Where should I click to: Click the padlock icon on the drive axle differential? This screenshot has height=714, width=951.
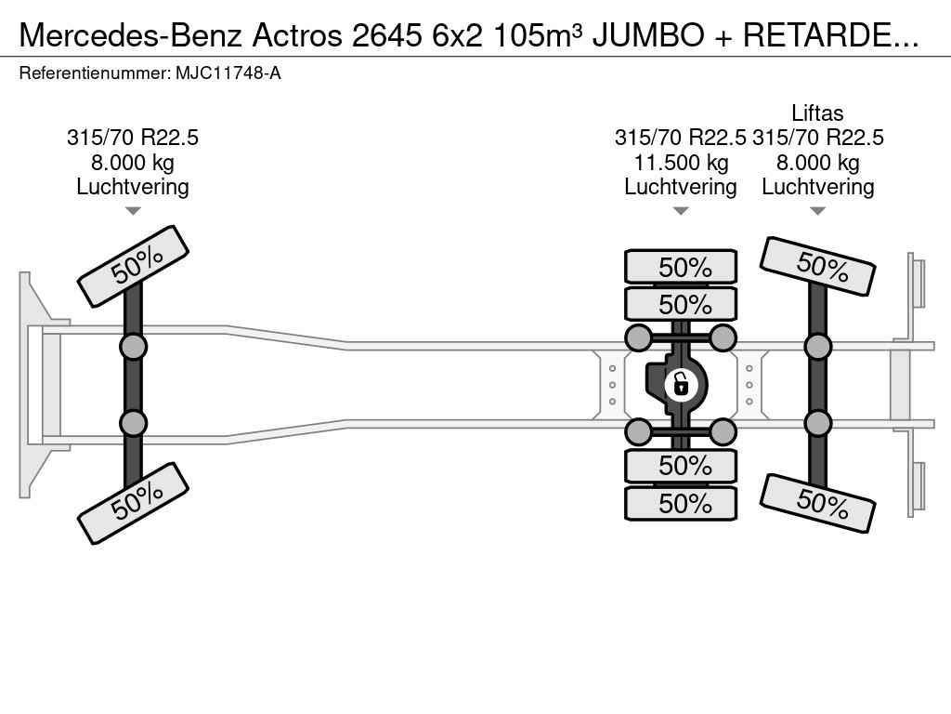681,383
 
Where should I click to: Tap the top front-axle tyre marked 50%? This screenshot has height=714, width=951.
133,266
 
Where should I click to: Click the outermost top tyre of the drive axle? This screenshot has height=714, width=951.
681,267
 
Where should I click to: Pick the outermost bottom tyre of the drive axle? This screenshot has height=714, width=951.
681,504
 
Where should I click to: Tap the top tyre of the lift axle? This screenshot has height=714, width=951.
817,266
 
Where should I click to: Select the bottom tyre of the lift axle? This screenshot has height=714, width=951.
817,503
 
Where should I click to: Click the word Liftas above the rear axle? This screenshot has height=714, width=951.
817,113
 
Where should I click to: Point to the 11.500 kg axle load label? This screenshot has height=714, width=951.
680,163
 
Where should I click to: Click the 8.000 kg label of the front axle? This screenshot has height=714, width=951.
133,163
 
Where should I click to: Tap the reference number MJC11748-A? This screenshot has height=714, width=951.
228,73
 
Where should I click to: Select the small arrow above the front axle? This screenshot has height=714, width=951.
133,211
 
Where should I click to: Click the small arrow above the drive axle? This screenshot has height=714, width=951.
680,211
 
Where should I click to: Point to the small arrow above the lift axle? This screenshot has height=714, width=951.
817,211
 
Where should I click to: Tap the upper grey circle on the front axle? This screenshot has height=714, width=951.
133,347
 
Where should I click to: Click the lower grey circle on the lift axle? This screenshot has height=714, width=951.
817,423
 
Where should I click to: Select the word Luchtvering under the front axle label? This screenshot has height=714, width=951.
133,187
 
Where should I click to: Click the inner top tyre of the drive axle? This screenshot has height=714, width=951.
681,304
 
